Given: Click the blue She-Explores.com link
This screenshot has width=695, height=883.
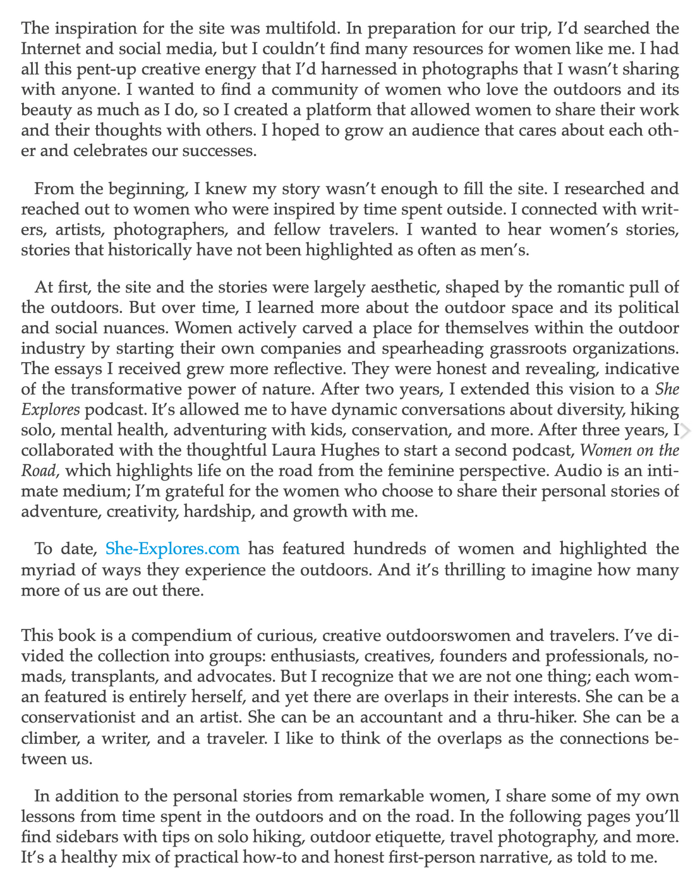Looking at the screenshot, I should pos(172,549).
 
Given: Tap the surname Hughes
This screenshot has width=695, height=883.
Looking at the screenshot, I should pos(539,451).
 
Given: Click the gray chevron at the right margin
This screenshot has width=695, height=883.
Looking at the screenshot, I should pos(687,431).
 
